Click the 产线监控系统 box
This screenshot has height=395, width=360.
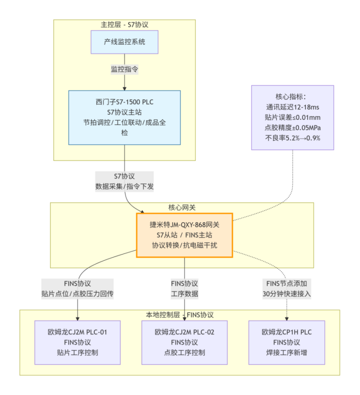click(x=125, y=42)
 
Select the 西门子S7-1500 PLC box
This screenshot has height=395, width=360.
click(x=125, y=117)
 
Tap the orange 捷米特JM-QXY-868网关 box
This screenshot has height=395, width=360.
click(x=184, y=235)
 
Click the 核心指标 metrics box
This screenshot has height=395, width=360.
click(x=292, y=118)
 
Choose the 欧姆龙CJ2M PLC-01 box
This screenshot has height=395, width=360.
click(x=78, y=342)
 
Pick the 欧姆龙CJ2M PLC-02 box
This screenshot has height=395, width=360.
click(x=184, y=342)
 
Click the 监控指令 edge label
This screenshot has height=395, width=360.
click(x=125, y=69)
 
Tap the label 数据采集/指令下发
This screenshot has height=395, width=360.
click(x=125, y=186)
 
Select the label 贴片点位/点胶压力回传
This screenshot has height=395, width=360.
click(x=78, y=294)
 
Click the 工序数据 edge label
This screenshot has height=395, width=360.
click(x=184, y=294)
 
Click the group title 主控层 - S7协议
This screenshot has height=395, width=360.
click(x=125, y=24)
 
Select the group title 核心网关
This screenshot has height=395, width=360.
click(x=182, y=207)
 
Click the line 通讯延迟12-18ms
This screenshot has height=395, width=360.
click(x=292, y=107)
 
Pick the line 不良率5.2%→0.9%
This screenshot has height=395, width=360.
click(x=292, y=138)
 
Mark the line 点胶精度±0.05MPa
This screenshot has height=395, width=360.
click(x=292, y=128)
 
